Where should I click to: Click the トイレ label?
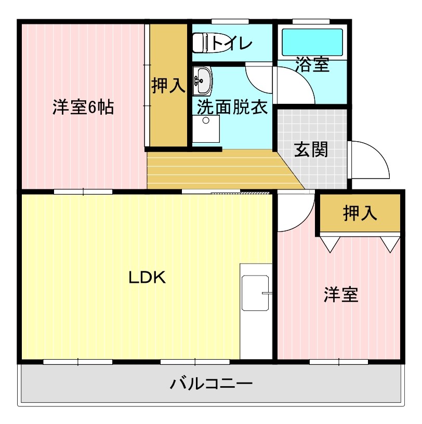(x=231, y=43)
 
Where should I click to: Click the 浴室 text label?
(x=312, y=65)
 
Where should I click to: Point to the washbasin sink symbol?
(x=202, y=79)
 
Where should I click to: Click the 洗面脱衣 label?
(x=232, y=107)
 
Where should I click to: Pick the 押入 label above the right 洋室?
(x=360, y=213)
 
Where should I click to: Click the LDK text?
(x=147, y=278)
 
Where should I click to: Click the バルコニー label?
(x=212, y=384)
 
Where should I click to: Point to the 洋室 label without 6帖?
(x=341, y=295)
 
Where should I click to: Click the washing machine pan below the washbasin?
(x=206, y=129)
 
